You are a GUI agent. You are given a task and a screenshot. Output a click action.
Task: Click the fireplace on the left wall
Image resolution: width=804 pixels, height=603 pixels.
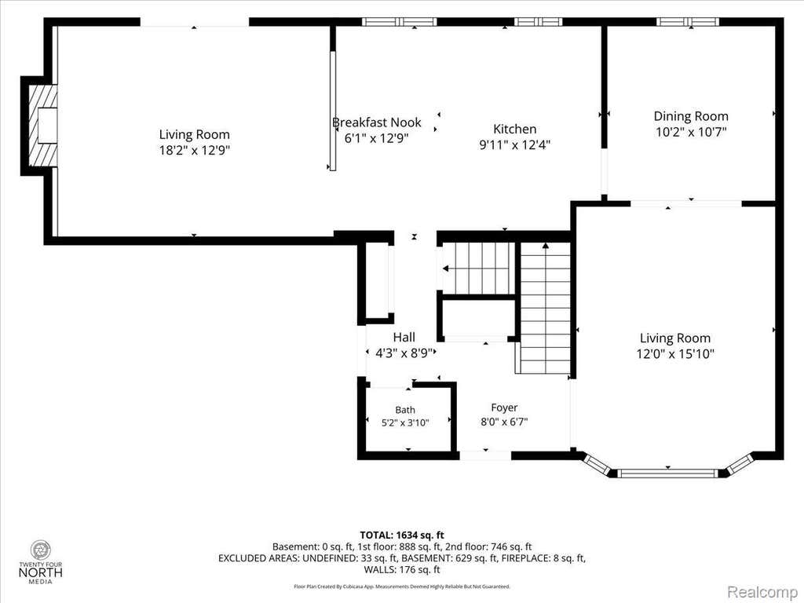point(42,126)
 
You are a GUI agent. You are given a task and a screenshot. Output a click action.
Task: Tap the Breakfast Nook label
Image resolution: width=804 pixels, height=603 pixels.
point(376,122)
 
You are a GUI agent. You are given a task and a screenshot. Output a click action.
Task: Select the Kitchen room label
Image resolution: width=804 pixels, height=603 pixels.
point(515,129)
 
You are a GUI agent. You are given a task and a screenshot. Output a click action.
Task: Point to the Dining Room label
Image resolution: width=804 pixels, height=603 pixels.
point(691,116)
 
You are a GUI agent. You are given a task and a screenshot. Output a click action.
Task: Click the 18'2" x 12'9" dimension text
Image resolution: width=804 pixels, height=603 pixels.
point(195,150)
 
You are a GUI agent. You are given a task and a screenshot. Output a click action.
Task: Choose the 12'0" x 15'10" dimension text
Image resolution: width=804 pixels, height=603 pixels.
point(675,354)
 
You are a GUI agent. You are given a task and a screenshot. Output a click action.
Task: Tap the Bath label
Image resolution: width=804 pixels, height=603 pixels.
point(405,410)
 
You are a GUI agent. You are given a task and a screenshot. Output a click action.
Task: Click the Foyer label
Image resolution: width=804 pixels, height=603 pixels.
point(504,407)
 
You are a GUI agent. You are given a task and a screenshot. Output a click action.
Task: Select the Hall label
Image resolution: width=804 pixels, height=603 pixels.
point(404,337)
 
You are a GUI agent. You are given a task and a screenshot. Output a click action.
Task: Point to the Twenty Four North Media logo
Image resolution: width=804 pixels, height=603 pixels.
point(41,561)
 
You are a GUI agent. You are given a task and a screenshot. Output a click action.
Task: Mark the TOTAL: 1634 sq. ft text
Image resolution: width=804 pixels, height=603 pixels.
point(402,535)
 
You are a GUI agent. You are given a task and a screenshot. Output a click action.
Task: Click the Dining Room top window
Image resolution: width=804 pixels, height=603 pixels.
point(688,21)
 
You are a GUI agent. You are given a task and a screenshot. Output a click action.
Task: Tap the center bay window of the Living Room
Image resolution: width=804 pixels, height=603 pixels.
point(668,473)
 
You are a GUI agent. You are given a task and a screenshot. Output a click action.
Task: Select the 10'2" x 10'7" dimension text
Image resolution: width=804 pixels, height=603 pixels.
point(691,132)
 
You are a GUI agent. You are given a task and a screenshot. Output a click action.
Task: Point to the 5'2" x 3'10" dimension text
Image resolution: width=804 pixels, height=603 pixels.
point(405,423)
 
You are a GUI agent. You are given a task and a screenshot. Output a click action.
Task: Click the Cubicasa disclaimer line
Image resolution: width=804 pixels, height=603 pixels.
point(402,587)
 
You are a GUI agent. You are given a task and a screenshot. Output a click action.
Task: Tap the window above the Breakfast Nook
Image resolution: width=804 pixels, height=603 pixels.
point(400,21)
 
